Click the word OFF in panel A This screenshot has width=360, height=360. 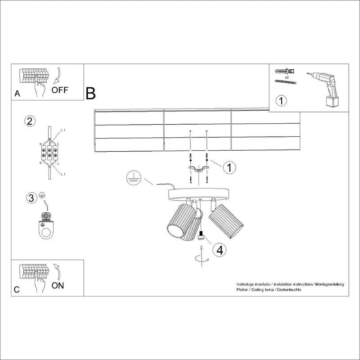[60, 89]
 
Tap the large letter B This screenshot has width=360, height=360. [90, 93]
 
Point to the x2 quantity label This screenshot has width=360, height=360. [287, 78]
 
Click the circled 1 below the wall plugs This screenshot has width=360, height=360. [281, 100]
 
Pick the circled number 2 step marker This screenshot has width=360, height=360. [30, 121]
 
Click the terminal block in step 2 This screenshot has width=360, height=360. [49, 152]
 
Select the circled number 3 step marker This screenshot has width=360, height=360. [31, 198]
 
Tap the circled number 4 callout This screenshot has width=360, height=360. [219, 250]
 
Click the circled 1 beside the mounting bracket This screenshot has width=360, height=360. [229, 168]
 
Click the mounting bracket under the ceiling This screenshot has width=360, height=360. [198, 169]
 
